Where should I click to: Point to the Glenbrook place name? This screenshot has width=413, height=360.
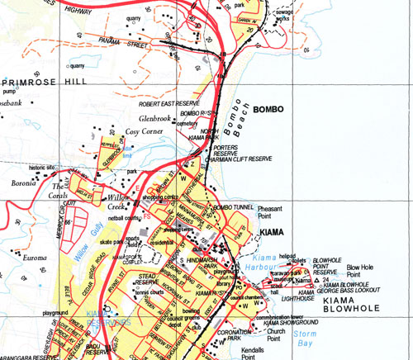pos(155,118)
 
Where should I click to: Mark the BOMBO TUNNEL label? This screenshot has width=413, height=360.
pos(230,206)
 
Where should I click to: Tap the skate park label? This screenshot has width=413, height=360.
pos(112,241)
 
